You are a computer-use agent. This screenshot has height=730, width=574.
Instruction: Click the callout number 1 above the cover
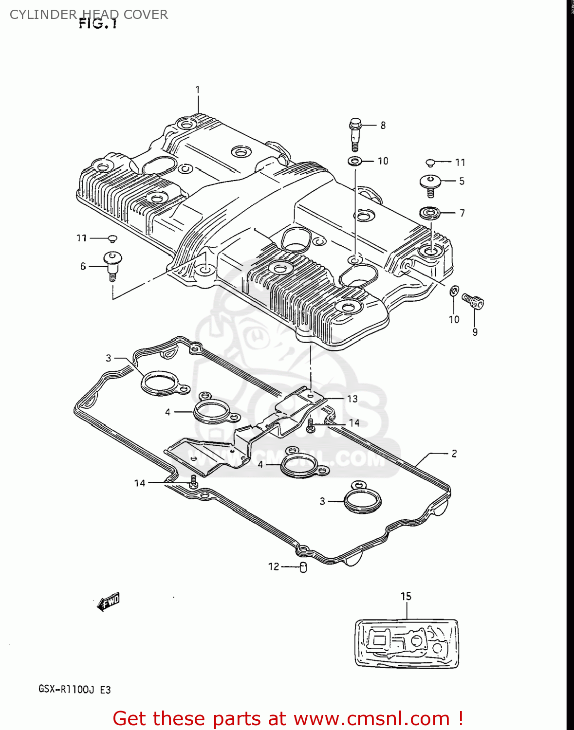pyautogui.click(x=198, y=90)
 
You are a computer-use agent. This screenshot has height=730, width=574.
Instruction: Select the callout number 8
pyautogui.click(x=383, y=126)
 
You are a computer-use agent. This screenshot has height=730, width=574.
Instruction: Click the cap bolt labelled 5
pyautogui.click(x=430, y=184)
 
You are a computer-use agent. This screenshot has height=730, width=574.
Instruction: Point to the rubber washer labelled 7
pyautogui.click(x=430, y=213)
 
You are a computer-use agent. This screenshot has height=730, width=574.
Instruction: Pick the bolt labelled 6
pyautogui.click(x=112, y=264)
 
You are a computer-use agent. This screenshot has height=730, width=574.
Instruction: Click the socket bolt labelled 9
pyautogui.click(x=473, y=301)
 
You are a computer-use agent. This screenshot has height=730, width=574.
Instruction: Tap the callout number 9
pyautogui.click(x=475, y=332)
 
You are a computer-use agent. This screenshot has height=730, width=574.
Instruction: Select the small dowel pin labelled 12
pyautogui.click(x=303, y=567)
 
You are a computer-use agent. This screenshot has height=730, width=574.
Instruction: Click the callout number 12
pyautogui.click(x=274, y=566)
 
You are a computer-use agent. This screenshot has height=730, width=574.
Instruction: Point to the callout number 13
pyautogui.click(x=352, y=399)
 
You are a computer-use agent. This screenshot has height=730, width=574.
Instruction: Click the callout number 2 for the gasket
pyautogui.click(x=454, y=454)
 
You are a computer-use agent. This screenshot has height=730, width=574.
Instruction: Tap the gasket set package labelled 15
pyautogui.click(x=407, y=643)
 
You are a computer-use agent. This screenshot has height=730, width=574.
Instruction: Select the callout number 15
pyautogui.click(x=406, y=596)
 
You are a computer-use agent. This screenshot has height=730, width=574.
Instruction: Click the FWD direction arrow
pyautogui.click(x=109, y=602)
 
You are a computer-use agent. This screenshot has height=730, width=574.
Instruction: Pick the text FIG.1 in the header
pyautogui.click(x=98, y=24)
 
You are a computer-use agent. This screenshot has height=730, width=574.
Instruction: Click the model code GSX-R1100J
pyautogui.click(x=67, y=690)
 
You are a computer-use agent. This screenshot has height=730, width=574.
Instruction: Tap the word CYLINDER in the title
pyautogui.click(x=43, y=15)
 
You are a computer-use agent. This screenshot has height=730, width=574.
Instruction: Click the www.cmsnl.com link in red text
pyautogui.click(x=372, y=718)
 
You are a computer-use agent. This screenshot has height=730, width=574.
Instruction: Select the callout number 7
pyautogui.click(x=462, y=213)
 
